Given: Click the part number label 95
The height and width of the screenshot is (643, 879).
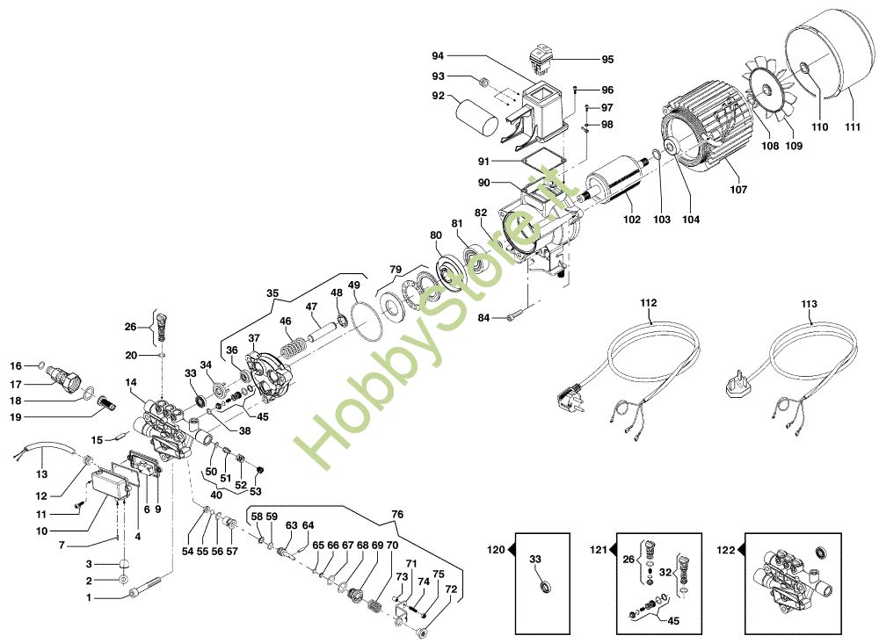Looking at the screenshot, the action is click(x=607, y=60).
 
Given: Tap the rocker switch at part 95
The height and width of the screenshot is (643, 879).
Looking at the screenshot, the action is click(x=542, y=61).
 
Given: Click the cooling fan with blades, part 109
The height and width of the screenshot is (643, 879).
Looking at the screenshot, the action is click(x=766, y=90).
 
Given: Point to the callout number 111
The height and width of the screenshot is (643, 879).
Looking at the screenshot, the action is click(x=852, y=127).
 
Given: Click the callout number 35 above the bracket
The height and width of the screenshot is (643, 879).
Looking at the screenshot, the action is click(x=272, y=293).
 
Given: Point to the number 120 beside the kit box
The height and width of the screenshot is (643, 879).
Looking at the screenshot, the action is click(x=496, y=550).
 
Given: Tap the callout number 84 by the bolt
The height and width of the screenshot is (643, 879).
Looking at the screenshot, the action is click(x=483, y=318).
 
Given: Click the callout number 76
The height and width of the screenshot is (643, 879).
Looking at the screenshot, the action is click(x=397, y=514).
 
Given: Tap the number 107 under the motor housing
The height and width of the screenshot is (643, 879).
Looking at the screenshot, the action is click(x=738, y=190).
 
